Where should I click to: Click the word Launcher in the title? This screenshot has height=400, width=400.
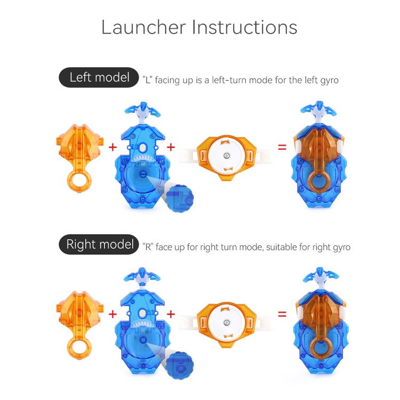(143, 27)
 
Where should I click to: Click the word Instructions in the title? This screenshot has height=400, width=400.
(244, 27)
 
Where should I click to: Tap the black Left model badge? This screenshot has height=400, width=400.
(99, 77)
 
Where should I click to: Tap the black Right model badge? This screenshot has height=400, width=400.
(99, 244)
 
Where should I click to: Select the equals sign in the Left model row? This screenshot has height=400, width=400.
(282, 147)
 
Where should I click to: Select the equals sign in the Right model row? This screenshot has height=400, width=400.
(282, 314)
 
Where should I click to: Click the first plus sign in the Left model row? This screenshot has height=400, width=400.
(113, 147)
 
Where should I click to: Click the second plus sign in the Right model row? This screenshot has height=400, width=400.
(171, 314)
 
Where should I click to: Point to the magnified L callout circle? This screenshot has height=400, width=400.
(180, 198)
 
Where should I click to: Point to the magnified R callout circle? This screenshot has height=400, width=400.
(180, 365)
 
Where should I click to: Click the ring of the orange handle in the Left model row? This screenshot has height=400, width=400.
(70, 182)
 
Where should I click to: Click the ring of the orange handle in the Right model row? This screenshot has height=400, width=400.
(70, 349)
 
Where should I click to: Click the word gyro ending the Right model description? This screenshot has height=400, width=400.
(342, 247)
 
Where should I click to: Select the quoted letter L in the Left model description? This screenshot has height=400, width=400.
(147, 80)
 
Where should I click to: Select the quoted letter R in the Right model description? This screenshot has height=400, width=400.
(148, 247)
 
